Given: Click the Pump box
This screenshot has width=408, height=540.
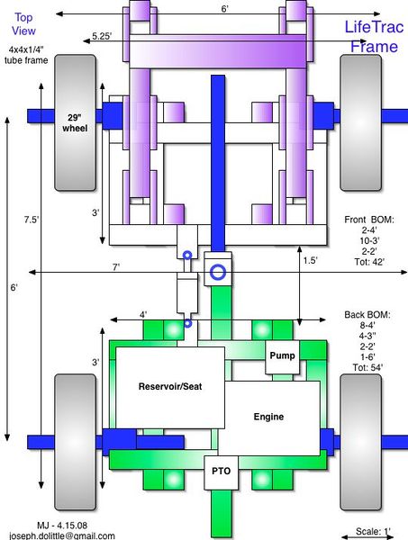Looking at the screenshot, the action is pos(282,356).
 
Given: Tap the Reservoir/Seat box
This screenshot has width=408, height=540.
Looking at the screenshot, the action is pos(170,387).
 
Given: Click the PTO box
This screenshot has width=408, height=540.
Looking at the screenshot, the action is pos(221,472).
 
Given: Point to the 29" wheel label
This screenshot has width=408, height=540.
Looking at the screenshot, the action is pos(75,123).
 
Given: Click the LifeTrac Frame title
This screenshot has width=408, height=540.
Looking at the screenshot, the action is pos(374,37).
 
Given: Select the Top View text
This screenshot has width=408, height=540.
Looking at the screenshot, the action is pos(23,24).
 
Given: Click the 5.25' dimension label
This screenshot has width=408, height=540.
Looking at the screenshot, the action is pos(102,36).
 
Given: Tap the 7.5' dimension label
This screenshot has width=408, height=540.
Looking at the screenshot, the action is pos(32,220).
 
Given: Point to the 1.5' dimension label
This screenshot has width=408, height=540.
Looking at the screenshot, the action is pos(310,260).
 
